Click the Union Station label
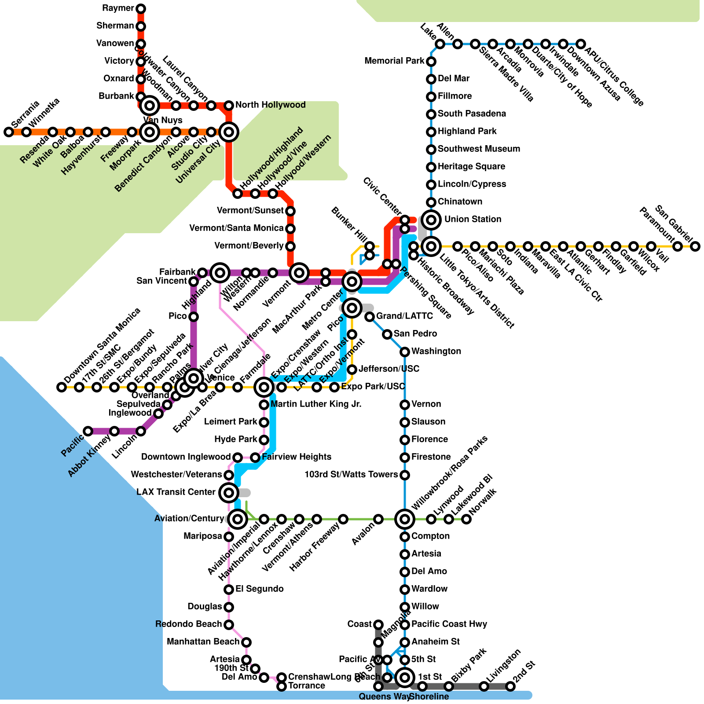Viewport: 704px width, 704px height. (x=473, y=219)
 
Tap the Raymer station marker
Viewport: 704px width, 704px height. (x=141, y=8)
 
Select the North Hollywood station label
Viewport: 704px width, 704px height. (x=270, y=105)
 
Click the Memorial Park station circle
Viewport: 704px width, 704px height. (x=431, y=61)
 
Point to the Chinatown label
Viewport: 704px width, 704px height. (x=460, y=202)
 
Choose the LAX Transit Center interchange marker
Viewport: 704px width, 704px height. (x=229, y=492)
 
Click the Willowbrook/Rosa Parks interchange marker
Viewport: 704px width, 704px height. (x=405, y=519)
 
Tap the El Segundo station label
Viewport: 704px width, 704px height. (x=259, y=589)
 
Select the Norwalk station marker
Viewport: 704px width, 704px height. (x=466, y=519)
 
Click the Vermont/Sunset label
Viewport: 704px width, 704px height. (x=250, y=210)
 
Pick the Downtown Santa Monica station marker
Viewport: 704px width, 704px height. (x=62, y=387)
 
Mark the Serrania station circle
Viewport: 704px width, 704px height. (x=8, y=132)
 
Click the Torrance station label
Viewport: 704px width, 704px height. (x=306, y=686)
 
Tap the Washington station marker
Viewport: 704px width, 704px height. (x=405, y=352)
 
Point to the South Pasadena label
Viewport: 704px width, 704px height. (x=472, y=114)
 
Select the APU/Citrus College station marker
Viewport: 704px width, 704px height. (x=581, y=44)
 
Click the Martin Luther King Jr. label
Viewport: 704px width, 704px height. (x=316, y=404)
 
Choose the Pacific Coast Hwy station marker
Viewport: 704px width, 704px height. (x=405, y=625)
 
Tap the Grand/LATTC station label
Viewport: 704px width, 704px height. (x=404, y=316)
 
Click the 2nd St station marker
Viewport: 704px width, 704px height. (x=510, y=686)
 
